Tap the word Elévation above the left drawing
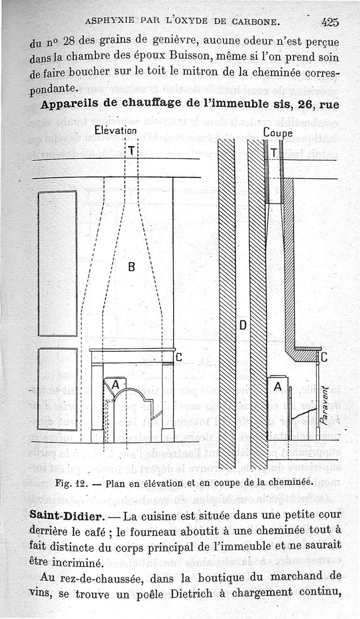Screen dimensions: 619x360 click(x=116, y=131)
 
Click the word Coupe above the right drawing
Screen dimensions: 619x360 click(x=278, y=133)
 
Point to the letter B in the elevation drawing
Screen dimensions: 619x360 click(x=131, y=267)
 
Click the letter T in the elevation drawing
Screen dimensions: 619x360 click(x=131, y=151)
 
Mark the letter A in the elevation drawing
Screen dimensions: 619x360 click(x=115, y=385)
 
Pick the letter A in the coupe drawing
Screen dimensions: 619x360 click(x=278, y=386)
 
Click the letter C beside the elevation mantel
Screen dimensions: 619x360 click(x=178, y=358)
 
